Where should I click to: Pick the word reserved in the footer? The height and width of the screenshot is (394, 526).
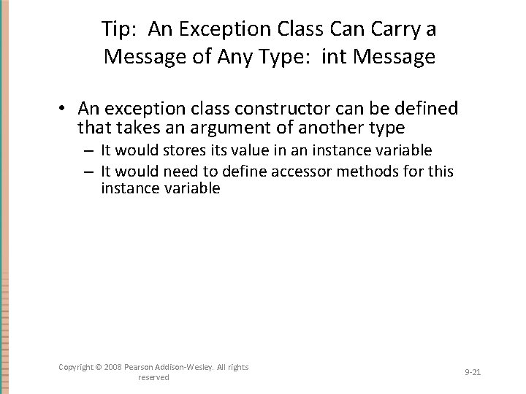coord(153,377)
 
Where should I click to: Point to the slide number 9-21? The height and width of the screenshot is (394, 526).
coord(472,372)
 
